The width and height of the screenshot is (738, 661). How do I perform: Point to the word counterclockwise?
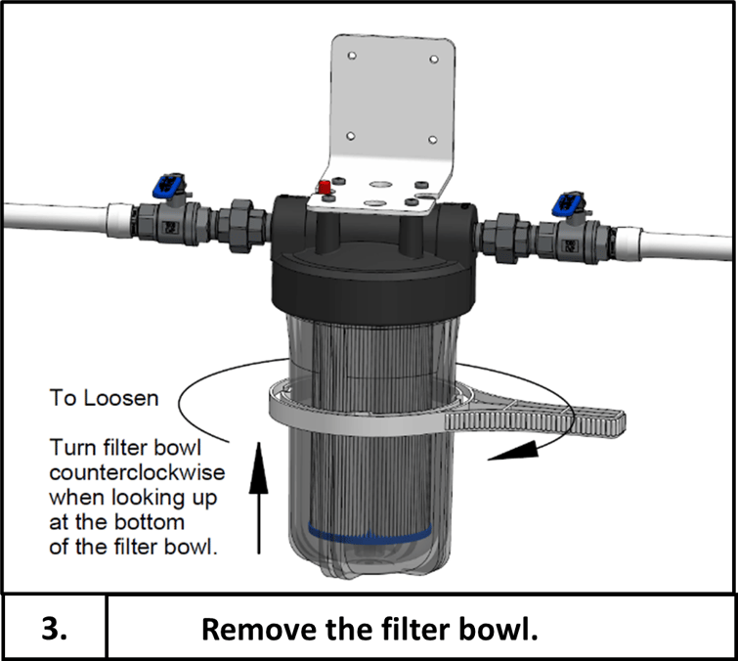coord(138,473)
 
